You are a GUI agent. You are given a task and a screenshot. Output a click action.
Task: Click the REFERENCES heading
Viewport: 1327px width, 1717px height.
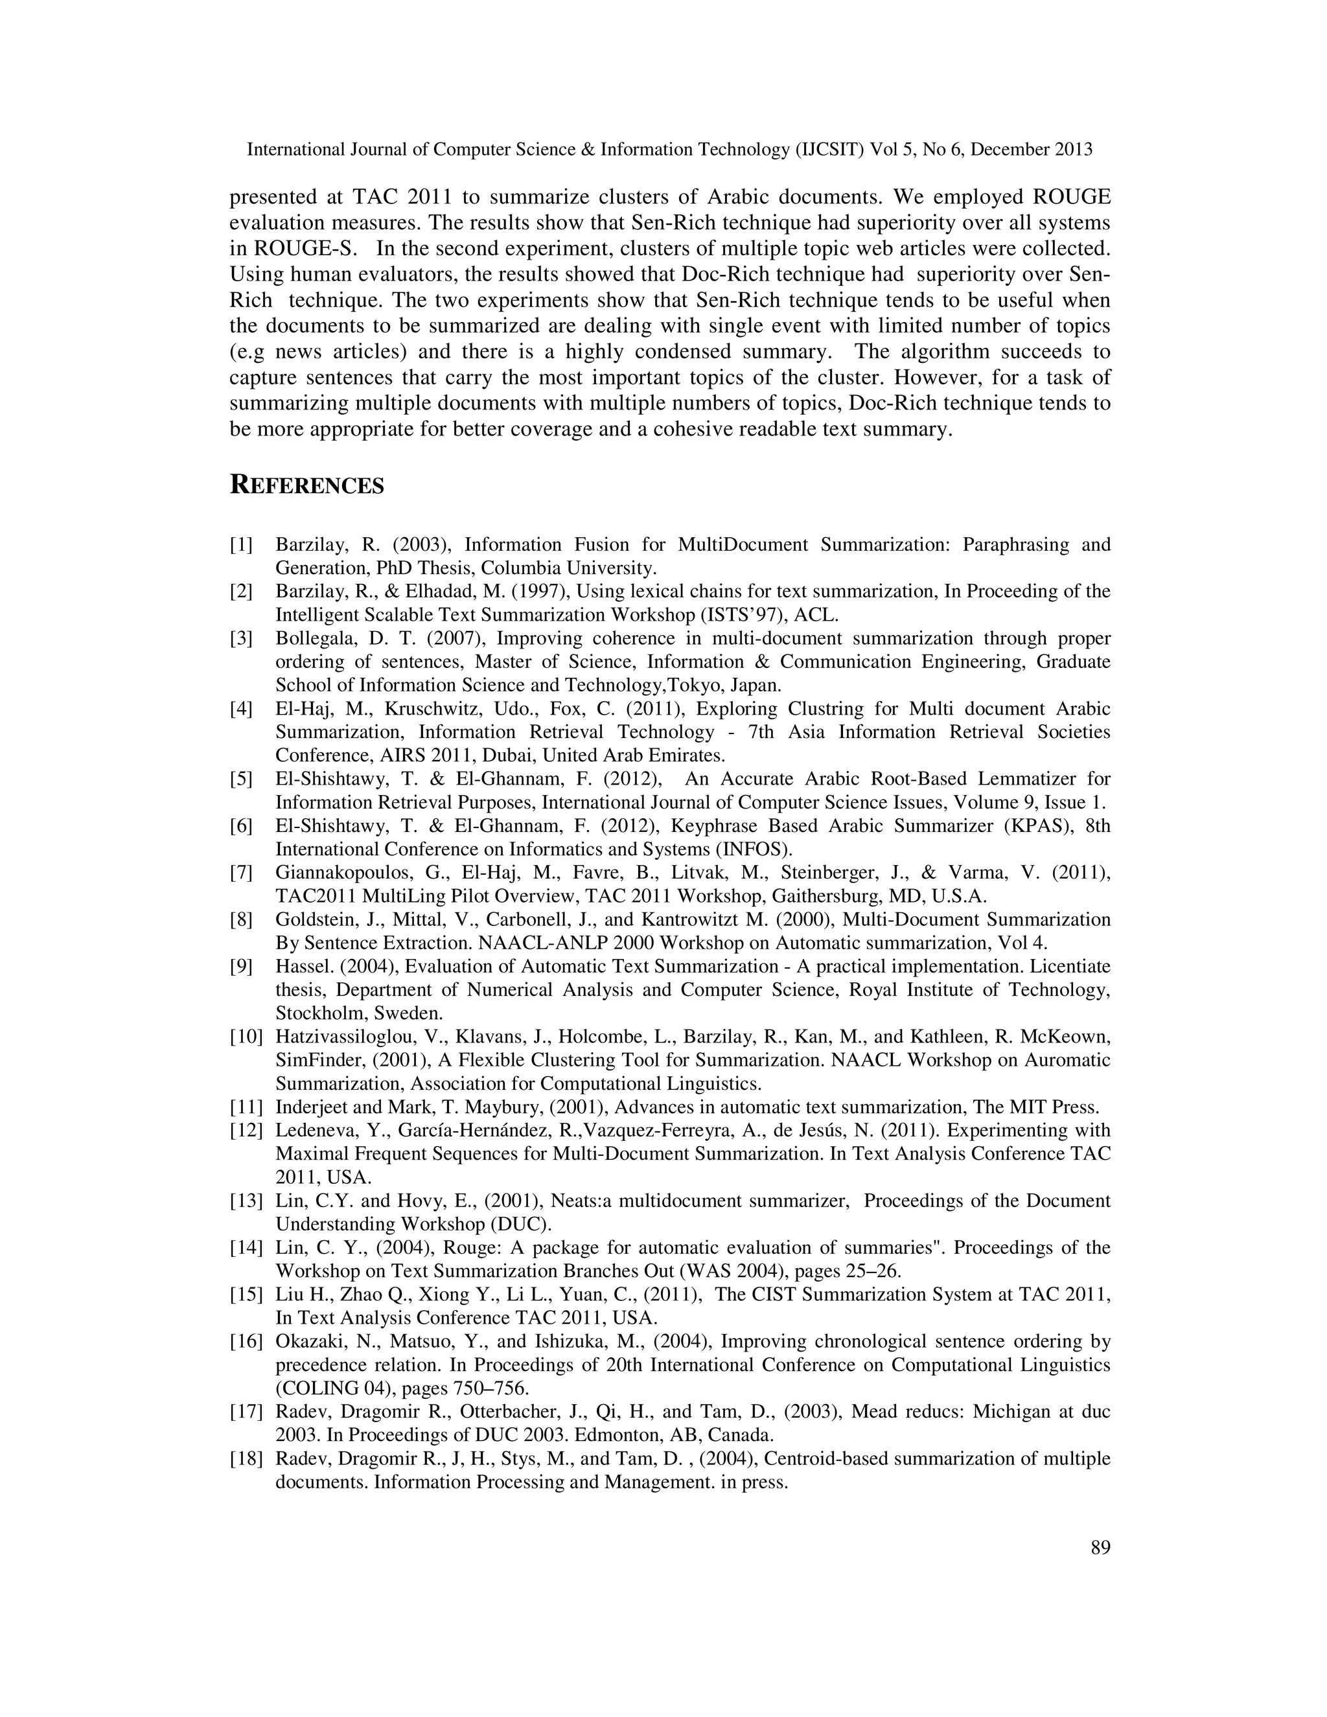[306, 485]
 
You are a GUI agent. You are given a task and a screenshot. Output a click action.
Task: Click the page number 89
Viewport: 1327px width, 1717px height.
[1100, 1548]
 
